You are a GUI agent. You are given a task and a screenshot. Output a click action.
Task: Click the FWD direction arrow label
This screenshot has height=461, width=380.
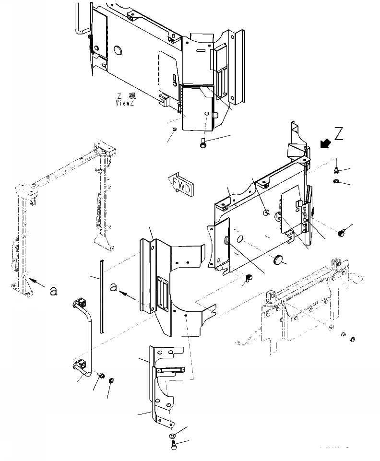click(182, 185)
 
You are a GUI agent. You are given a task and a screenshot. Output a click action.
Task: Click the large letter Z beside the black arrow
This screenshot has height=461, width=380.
click(339, 134)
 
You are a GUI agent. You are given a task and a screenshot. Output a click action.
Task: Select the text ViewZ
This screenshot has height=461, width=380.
click(126, 103)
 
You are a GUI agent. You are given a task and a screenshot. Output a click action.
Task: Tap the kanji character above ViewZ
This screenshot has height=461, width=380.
click(132, 96)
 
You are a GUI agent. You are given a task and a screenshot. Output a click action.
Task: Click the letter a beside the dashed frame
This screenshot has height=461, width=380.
click(54, 290)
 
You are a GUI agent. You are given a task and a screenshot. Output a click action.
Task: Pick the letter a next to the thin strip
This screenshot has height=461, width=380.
click(114, 287)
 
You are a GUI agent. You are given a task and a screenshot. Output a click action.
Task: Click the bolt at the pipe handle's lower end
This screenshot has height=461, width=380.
click(102, 375)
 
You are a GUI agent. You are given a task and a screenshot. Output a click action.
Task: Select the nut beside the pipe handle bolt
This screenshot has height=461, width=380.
click(111, 381)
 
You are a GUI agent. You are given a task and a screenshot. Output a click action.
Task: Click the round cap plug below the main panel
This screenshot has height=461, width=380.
click(277, 260)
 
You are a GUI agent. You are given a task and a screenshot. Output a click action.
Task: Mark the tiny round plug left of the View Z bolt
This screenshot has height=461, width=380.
click(175, 130)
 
